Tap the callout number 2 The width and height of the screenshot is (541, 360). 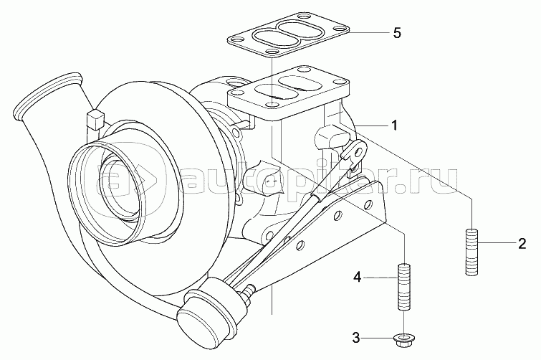click(x=523, y=242)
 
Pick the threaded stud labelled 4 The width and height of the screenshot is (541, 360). click(x=404, y=287)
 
